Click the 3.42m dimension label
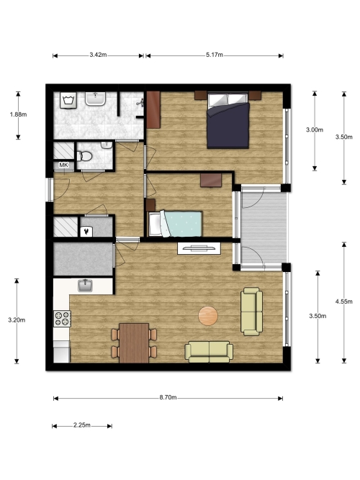98,55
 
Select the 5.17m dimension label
215,55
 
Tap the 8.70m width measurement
168,397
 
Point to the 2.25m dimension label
82,425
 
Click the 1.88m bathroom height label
18,114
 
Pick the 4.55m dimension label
343,302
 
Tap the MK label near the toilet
64,165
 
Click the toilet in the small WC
84,156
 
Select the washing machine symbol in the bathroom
68,100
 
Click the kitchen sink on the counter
86,285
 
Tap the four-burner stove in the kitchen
62,318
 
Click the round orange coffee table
208,316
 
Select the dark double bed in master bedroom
228,120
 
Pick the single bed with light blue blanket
175,224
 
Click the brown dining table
134,343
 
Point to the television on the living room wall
199,248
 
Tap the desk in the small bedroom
211,180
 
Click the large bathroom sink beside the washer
95,99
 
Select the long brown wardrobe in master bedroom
153,109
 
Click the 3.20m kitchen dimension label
17,320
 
